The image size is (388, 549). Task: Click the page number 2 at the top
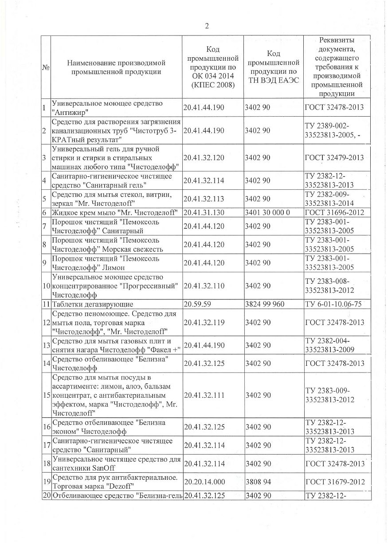[x=206, y=26]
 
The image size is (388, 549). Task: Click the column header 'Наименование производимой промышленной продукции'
[x=116, y=67]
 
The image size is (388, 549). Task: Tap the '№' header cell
[x=46, y=67]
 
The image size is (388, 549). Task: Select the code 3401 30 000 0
[x=267, y=213]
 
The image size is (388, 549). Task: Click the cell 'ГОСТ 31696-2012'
[x=334, y=213]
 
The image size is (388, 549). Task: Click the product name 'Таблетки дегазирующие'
[x=93, y=304]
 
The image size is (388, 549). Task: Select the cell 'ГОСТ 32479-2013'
[x=334, y=158]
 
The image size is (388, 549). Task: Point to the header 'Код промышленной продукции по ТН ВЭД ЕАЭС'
[x=274, y=67]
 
